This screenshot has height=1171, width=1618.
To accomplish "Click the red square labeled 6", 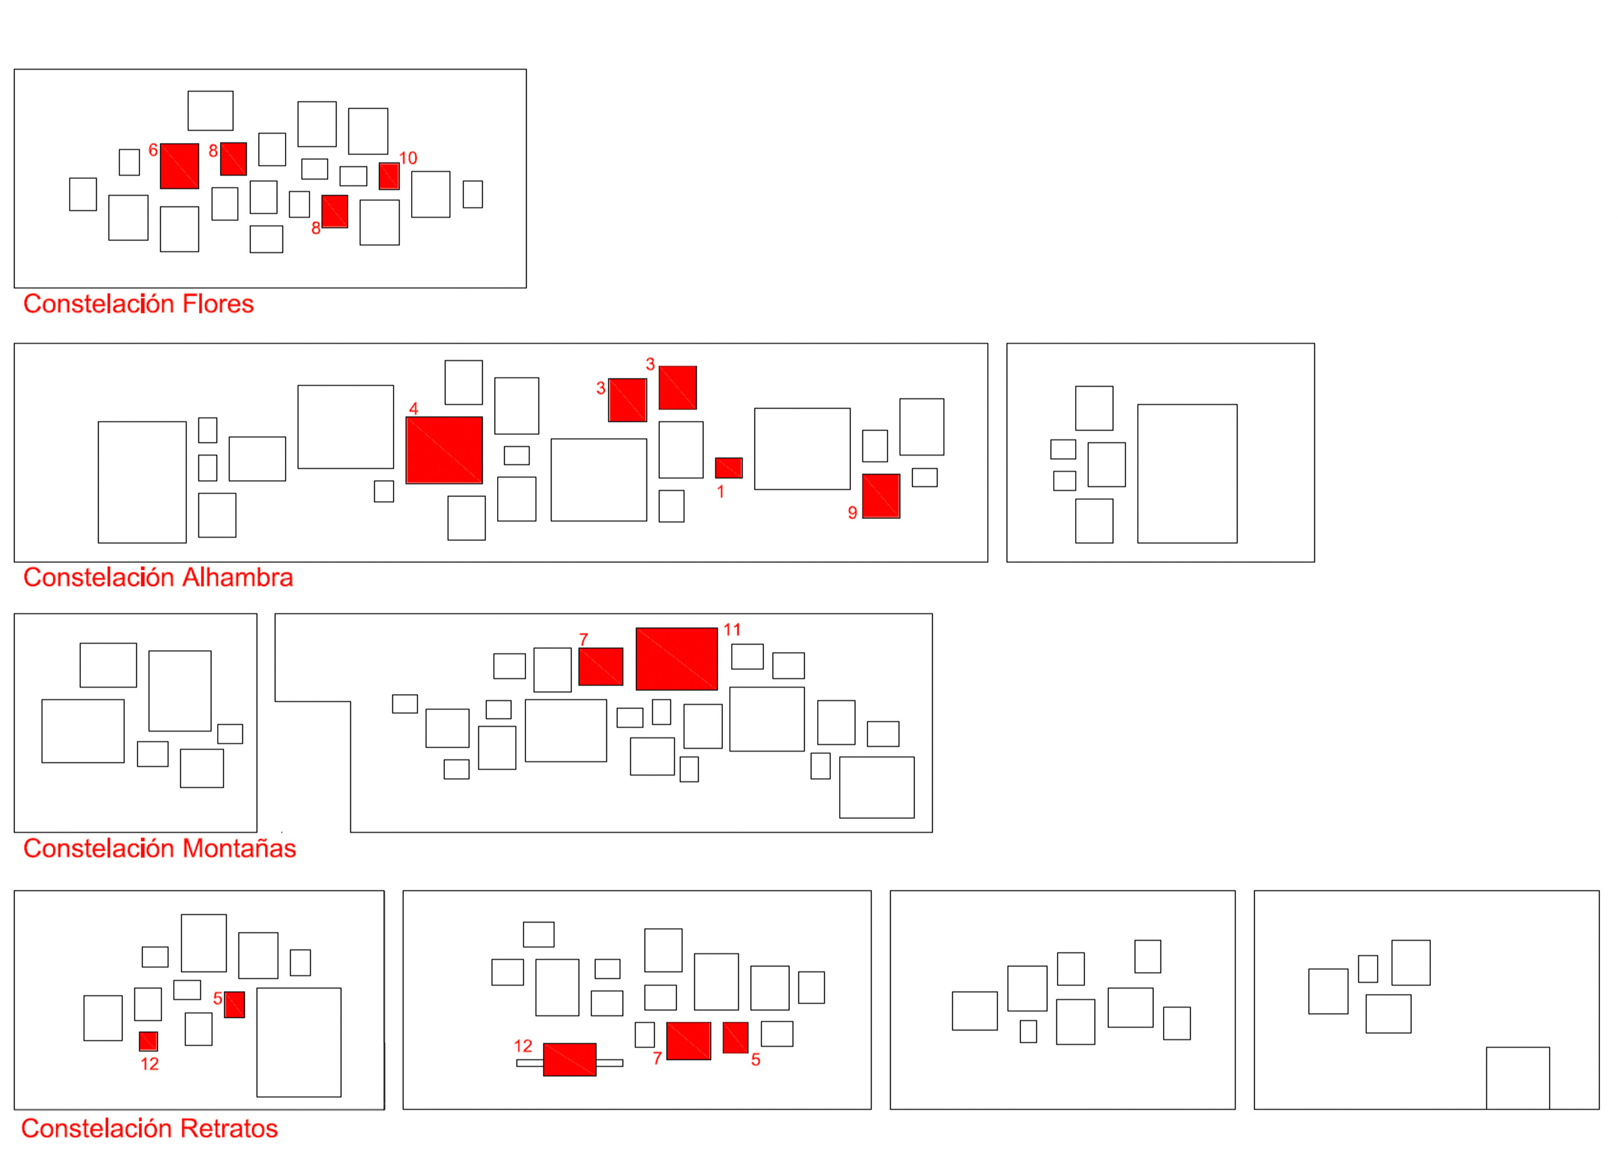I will point(179,166).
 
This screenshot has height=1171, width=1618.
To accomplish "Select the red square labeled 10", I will point(388,176).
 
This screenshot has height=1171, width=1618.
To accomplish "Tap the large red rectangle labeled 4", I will point(444,450).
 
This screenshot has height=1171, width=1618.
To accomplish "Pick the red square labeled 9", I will point(881,496).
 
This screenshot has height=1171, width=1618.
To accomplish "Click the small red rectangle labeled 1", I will point(729,468).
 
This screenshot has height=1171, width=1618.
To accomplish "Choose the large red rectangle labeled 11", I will point(677,659).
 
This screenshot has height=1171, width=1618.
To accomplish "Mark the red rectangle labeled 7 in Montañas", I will point(601,667).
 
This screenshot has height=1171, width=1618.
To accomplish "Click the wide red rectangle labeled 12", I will point(569,1060).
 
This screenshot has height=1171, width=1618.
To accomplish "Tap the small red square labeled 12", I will point(148,1041).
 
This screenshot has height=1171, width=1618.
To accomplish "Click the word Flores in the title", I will point(218,304).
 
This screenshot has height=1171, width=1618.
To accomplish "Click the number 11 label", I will point(732,629).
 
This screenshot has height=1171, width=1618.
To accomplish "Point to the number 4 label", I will point(414,409).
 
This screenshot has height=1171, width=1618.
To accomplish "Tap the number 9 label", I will point(852,513).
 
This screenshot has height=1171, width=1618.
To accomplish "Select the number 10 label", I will point(408,158).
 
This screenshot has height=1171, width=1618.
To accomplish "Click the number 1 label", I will point(721,492).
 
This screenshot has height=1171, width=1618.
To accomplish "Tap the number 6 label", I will point(153,151).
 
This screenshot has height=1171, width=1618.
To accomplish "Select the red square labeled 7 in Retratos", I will point(688,1041).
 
